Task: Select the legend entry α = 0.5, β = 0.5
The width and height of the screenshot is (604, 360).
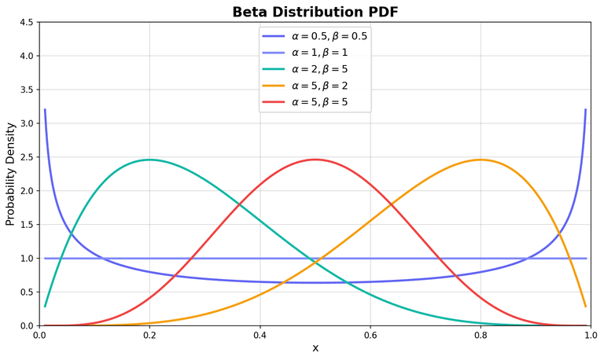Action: tap(329, 35)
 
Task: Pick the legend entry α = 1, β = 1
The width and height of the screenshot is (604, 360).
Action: tap(319, 52)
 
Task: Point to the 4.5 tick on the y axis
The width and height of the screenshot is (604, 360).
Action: tap(27, 22)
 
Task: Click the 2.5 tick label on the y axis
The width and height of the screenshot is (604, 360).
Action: tap(27, 157)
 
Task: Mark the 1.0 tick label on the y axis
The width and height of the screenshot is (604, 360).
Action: tap(27, 258)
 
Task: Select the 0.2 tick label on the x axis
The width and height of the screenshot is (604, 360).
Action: tap(149, 336)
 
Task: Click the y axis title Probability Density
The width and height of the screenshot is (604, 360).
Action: tap(11, 173)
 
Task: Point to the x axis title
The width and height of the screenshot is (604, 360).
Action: tap(315, 348)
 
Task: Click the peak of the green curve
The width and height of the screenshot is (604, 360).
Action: tap(149, 160)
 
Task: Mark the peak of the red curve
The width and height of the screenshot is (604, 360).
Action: tap(315, 160)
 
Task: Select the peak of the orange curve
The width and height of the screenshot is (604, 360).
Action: tap(480, 160)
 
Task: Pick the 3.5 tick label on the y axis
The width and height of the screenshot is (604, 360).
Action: tap(27, 90)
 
